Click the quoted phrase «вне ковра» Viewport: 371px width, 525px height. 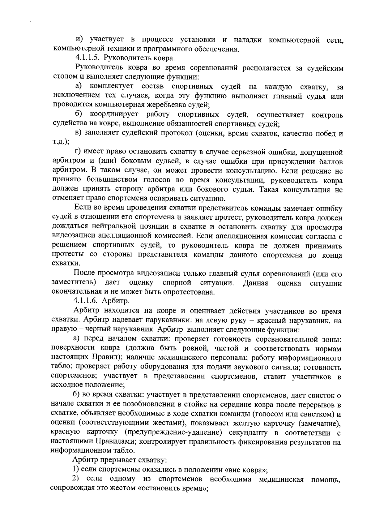click(x=246, y=478)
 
